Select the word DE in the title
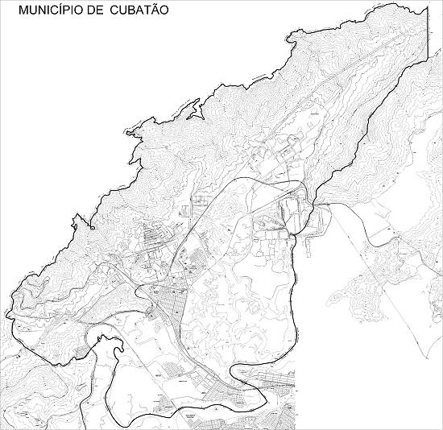click(101, 12)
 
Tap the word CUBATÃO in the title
click(142, 12)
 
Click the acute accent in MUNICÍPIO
click(64, 6)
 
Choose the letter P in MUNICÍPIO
click(71, 12)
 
